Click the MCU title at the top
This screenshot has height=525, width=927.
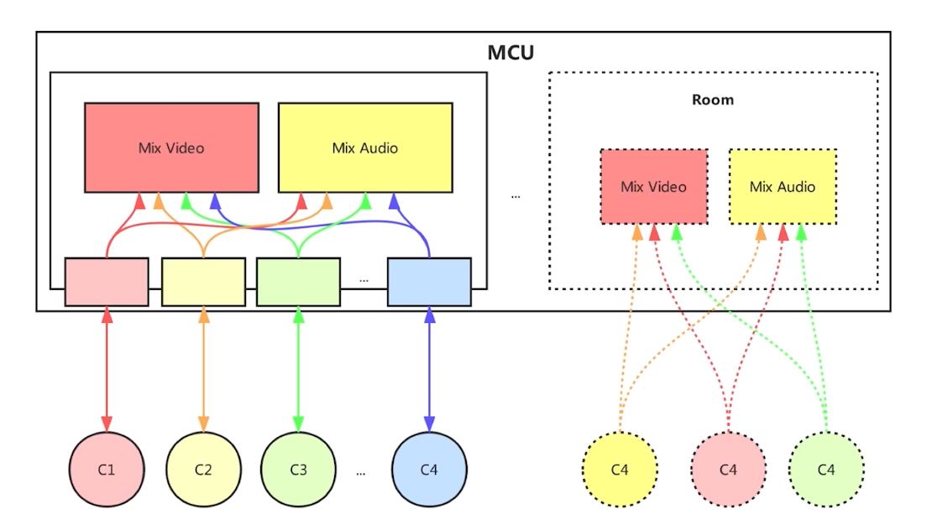point(511,53)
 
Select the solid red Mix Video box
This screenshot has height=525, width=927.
point(171,148)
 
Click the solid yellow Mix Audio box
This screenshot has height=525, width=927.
point(365,148)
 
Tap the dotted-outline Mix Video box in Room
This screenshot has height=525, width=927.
point(653,186)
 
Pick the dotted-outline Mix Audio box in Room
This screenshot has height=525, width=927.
point(783,186)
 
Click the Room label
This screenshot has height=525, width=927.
point(712,100)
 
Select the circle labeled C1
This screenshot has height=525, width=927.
point(107,469)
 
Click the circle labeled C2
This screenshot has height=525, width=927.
point(203,469)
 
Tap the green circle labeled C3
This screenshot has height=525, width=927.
point(298,469)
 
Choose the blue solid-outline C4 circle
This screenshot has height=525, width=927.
point(429,469)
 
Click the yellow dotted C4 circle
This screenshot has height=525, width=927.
point(620,469)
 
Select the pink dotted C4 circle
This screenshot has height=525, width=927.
point(728,469)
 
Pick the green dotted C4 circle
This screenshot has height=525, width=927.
point(826,469)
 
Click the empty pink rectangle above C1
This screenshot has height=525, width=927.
point(107,282)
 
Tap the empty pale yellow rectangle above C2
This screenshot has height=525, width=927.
point(203,282)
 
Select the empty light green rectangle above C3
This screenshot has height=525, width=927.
point(298,282)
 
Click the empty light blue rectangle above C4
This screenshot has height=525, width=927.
point(429,282)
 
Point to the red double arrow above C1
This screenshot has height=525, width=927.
point(107,369)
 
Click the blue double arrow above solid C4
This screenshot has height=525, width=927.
point(429,369)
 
